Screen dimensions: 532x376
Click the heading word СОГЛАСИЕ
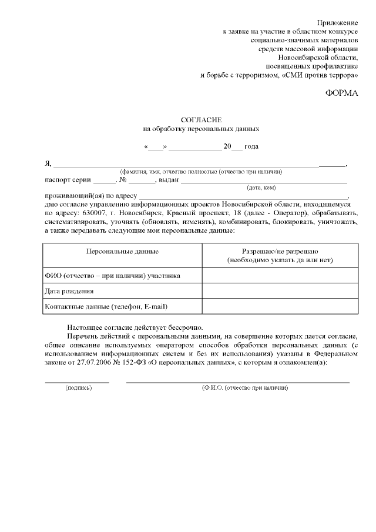pos(201,119)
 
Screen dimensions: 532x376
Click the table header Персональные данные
pos(122,251)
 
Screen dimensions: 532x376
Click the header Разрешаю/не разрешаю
pos(280,251)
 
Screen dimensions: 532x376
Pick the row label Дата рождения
pos(69,290)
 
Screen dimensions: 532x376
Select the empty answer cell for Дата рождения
pos(280,290)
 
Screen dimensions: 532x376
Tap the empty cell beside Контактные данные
pos(280,306)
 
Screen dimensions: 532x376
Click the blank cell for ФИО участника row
pos(280,275)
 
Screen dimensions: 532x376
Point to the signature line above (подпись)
pos(77,382)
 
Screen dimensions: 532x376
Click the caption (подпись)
pos(78,389)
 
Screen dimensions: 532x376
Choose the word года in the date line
pos(251,146)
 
